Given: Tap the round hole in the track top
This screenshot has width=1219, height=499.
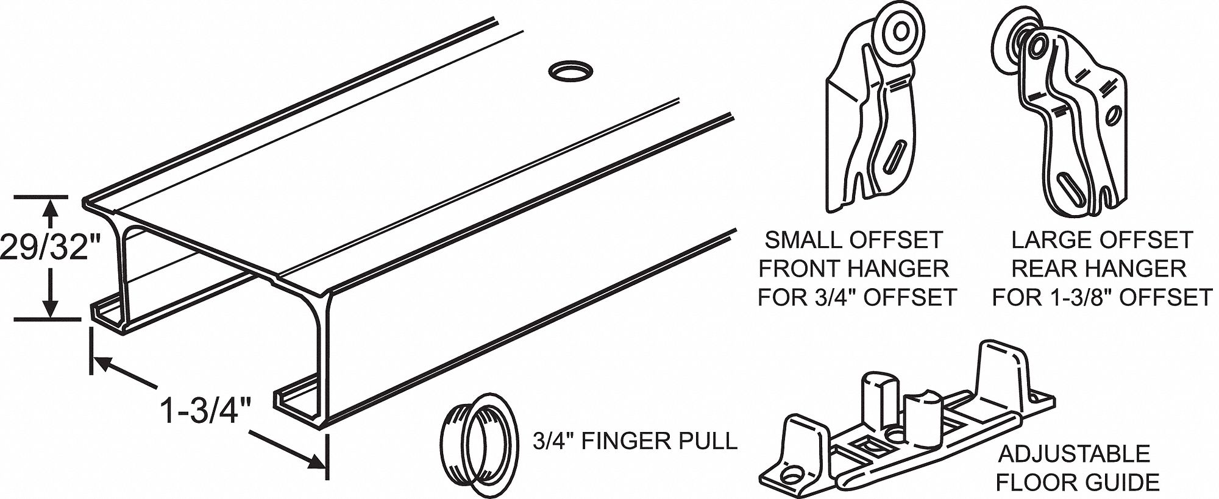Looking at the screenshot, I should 570,71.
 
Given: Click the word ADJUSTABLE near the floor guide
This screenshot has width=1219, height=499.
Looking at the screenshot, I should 1073,454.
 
